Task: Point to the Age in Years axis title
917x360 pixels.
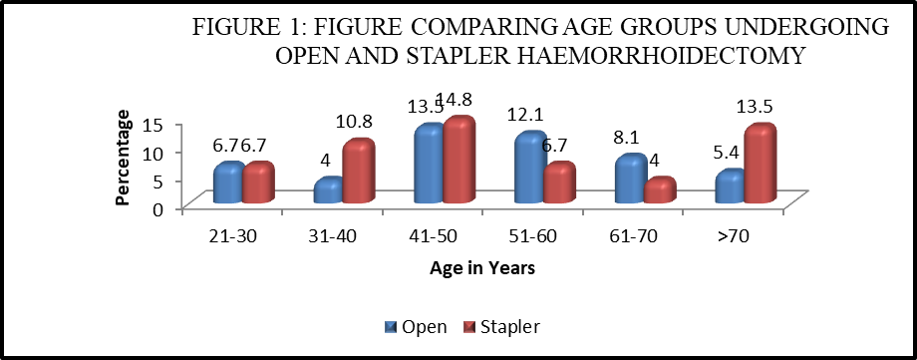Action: click(481, 268)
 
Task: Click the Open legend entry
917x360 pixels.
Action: click(416, 327)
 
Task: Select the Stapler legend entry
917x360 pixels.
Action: click(502, 327)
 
